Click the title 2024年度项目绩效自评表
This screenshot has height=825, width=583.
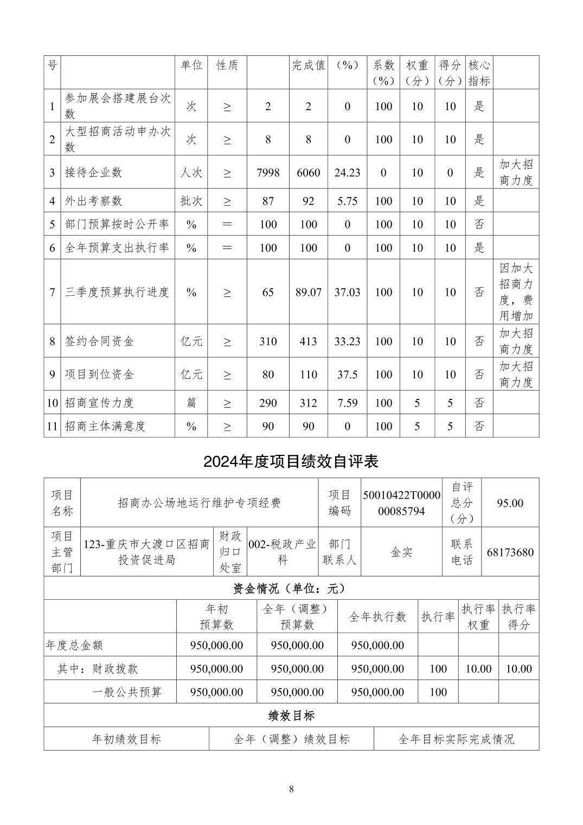tap(291, 461)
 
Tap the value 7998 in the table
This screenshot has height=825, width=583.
tap(268, 173)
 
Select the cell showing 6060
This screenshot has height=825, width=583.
tap(308, 173)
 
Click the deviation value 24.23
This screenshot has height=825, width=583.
tap(347, 173)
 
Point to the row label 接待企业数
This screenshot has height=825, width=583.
tap(94, 173)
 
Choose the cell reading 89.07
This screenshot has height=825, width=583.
tap(308, 292)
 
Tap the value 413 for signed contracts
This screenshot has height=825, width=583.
tap(308, 341)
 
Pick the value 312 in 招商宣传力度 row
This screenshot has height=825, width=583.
tap(308, 403)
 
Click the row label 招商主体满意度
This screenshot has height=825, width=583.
tap(105, 426)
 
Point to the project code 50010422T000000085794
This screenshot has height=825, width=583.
tap(401, 503)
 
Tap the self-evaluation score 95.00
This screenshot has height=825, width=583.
tap(510, 503)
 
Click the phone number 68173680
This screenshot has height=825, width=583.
tap(510, 553)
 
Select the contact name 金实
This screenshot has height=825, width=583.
tap(401, 553)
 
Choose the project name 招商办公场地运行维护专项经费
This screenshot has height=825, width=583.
tap(199, 503)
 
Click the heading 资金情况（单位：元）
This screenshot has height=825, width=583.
tap(291, 588)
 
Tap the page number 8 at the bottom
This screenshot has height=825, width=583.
tap(291, 789)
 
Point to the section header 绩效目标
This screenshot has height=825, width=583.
tap(291, 715)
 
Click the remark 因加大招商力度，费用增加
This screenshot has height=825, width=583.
tap(516, 292)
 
